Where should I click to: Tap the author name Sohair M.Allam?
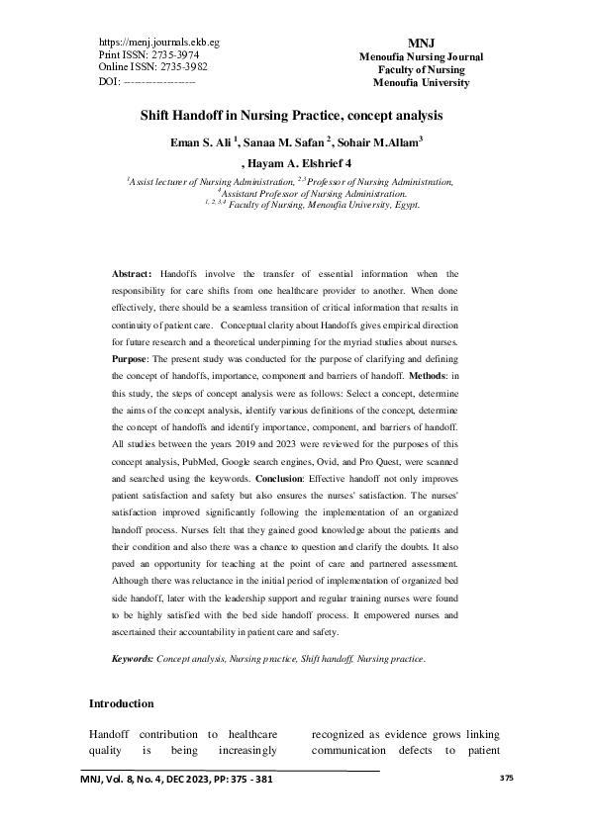pyautogui.click(x=383, y=141)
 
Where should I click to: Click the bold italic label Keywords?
pyautogui.click(x=132, y=658)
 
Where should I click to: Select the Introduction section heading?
pyautogui.click(x=121, y=704)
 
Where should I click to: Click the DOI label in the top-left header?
pyautogui.click(x=110, y=80)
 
